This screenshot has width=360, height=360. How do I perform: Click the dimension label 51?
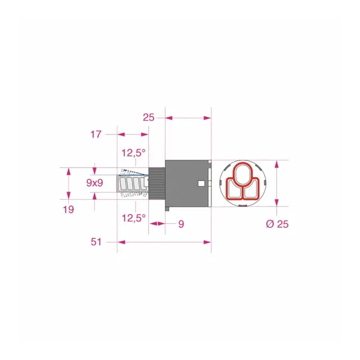96,242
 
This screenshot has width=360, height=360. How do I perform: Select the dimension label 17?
96,134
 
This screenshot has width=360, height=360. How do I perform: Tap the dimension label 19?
69,209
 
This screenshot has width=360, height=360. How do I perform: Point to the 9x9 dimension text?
94,183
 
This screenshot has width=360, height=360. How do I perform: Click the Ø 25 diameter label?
277,224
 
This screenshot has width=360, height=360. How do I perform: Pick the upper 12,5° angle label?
134,152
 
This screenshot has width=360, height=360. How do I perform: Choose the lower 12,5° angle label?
134,218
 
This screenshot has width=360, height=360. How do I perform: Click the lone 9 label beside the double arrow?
181,224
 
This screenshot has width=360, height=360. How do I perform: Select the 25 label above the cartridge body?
148,118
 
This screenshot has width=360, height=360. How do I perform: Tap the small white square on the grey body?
201,183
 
